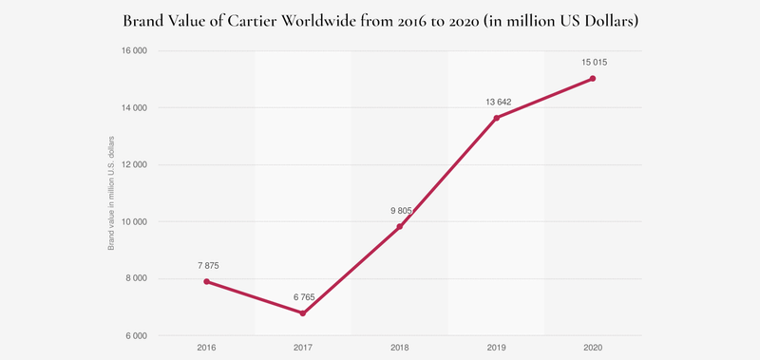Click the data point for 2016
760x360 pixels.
(x=206, y=282)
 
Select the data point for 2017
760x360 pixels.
(x=303, y=313)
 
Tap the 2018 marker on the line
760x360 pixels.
(x=400, y=227)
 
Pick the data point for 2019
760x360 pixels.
(x=497, y=118)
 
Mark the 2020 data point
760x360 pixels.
(x=593, y=79)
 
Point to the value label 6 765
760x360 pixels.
(x=303, y=297)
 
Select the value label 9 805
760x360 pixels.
(x=400, y=211)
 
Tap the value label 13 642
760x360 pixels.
(x=497, y=102)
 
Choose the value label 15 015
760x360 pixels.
(x=593, y=63)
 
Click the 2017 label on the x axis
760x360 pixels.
(x=303, y=349)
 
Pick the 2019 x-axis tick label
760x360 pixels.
(x=497, y=349)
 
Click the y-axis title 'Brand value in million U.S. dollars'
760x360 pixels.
(x=111, y=193)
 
